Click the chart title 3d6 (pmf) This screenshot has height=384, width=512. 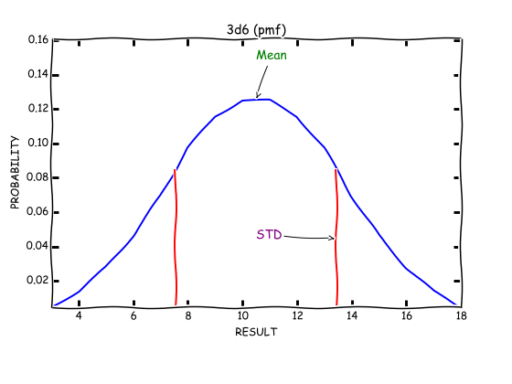[256, 30]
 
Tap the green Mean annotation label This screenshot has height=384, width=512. [272, 55]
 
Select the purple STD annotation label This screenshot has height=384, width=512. [269, 234]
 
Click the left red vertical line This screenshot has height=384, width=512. [176, 238]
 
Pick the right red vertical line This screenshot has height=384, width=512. [336, 238]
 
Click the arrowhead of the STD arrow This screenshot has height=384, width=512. [334, 238]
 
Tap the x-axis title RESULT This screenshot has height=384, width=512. [256, 332]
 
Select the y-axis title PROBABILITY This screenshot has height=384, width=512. [15, 172]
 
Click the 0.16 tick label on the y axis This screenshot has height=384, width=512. [37, 39]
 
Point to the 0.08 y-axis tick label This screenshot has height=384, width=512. [37, 177]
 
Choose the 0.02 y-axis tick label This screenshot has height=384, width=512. [37, 280]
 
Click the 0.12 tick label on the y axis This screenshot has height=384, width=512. [37, 108]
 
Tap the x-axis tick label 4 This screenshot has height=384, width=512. [79, 315]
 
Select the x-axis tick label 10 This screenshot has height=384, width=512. [242, 315]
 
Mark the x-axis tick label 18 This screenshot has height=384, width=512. [462, 315]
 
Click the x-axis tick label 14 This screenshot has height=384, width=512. [352, 315]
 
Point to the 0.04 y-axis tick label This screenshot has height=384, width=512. [37, 246]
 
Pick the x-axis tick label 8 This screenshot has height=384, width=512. [188, 315]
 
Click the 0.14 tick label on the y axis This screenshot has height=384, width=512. [37, 74]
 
